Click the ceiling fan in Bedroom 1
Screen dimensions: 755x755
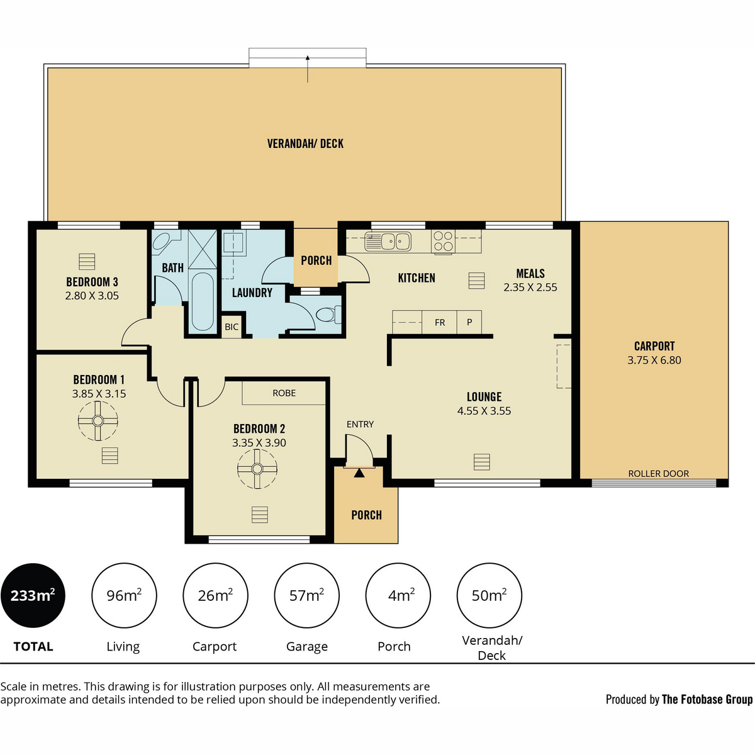(x=98, y=421)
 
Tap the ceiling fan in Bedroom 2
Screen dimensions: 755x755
(x=257, y=469)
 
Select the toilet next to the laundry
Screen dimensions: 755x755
(x=328, y=315)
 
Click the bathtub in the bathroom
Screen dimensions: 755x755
(x=203, y=301)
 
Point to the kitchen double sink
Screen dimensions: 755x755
(x=388, y=242)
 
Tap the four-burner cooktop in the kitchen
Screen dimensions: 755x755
(x=443, y=242)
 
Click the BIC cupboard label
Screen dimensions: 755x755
(x=232, y=327)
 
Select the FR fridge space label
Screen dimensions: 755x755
(x=440, y=323)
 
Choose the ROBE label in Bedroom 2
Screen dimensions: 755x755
(x=284, y=393)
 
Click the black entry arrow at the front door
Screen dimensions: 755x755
(x=359, y=473)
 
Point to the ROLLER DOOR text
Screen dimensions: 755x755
(x=659, y=473)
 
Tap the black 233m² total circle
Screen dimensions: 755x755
(x=33, y=596)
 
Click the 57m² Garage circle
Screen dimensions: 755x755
(x=307, y=596)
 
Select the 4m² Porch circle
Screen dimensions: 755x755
(x=398, y=596)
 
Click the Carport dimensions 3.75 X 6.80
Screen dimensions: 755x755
(x=654, y=360)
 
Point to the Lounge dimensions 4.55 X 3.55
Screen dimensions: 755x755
(x=484, y=411)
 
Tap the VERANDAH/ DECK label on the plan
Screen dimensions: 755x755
(x=305, y=144)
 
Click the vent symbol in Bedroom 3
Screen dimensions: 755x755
(x=87, y=262)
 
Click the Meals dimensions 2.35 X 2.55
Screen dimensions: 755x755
(x=530, y=287)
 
